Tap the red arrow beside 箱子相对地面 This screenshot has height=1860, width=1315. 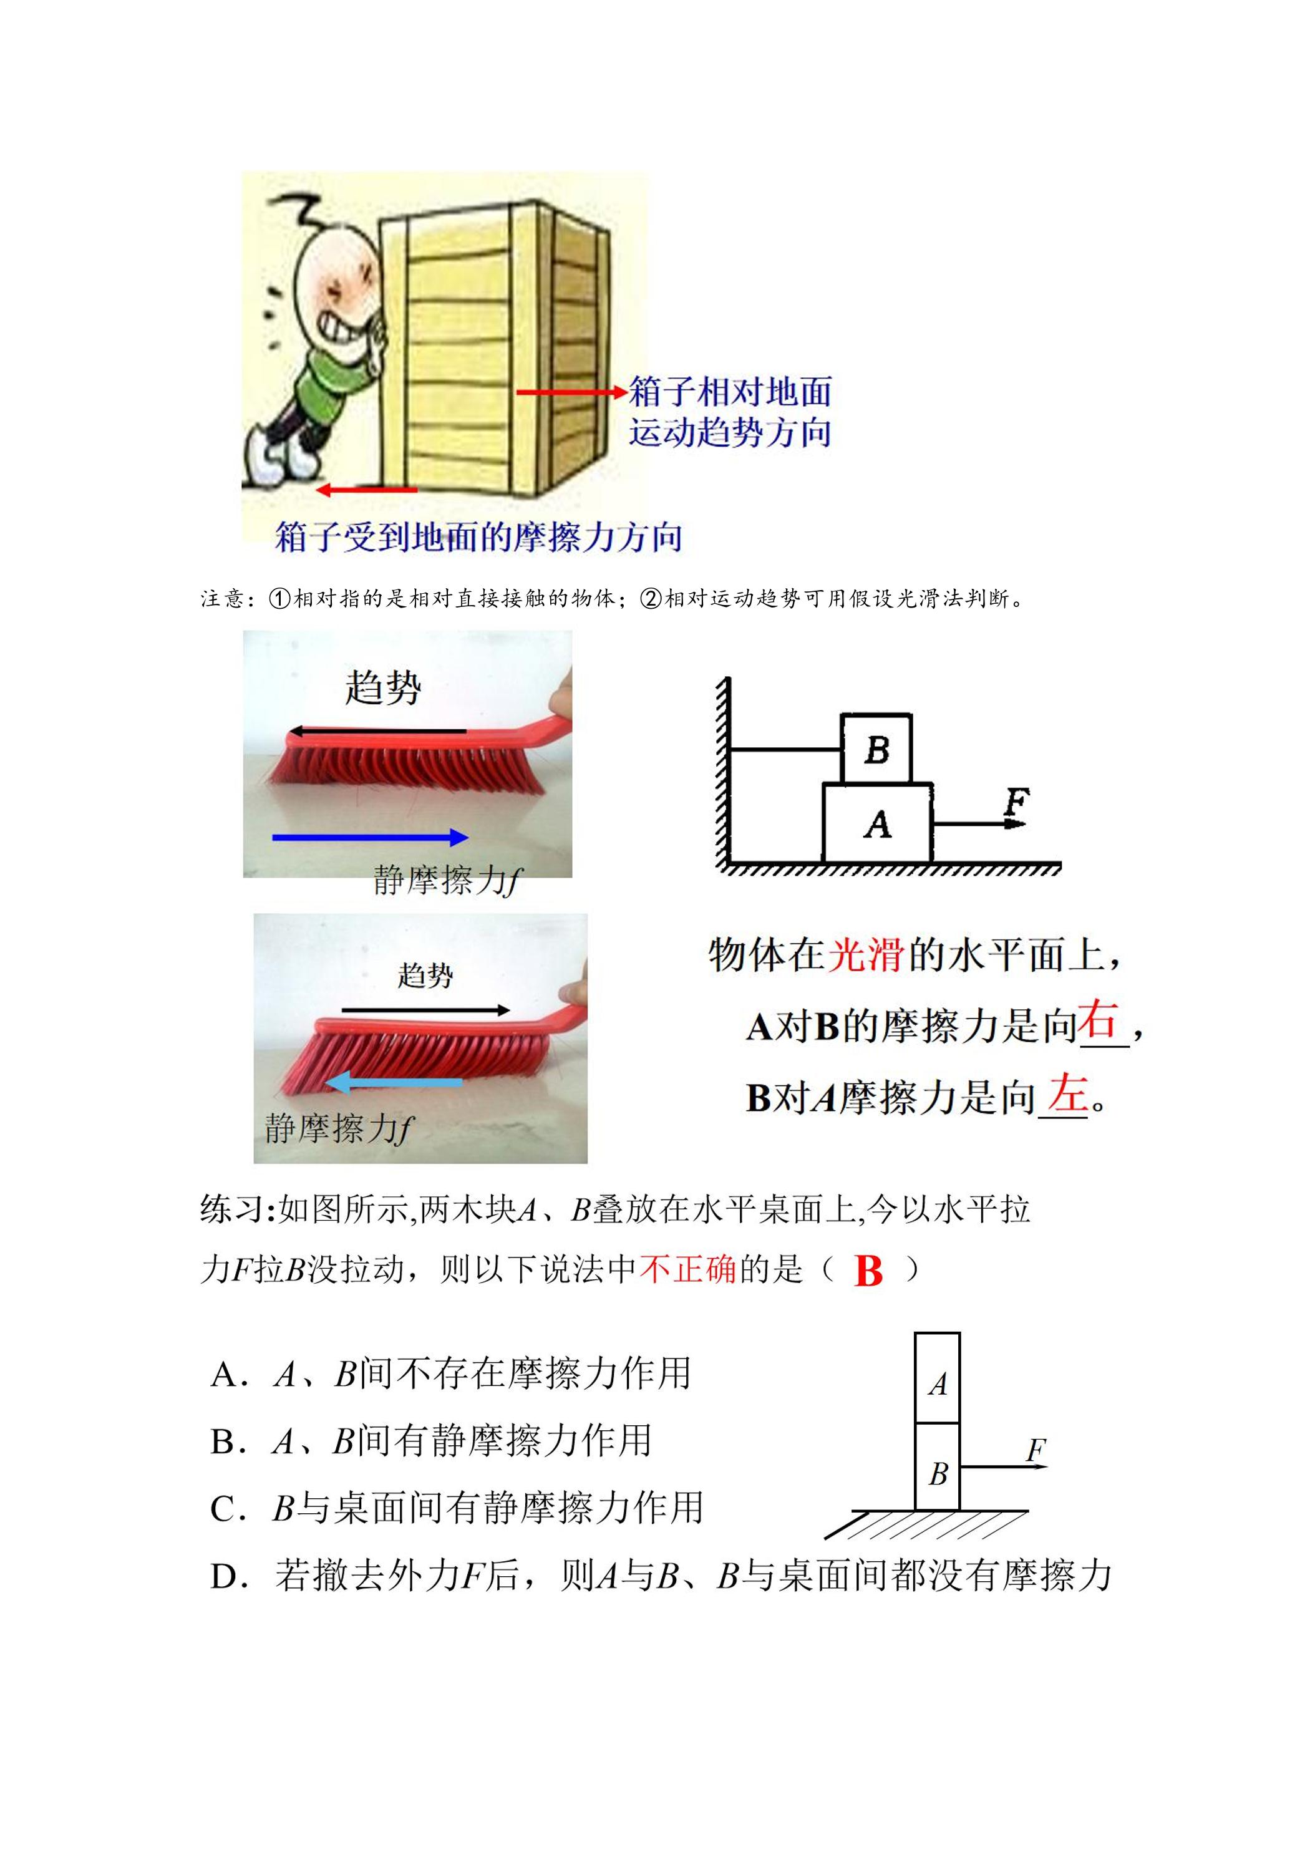tap(572, 393)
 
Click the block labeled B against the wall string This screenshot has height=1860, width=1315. tap(876, 748)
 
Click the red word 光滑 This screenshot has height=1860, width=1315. tap(865, 954)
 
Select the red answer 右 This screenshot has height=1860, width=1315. tap(1098, 1019)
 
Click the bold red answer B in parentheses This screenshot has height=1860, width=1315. tap(868, 1271)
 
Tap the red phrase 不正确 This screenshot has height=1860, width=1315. tap(689, 1269)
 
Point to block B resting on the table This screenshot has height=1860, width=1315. tap(938, 1467)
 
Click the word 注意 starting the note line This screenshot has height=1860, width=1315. tap(222, 599)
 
